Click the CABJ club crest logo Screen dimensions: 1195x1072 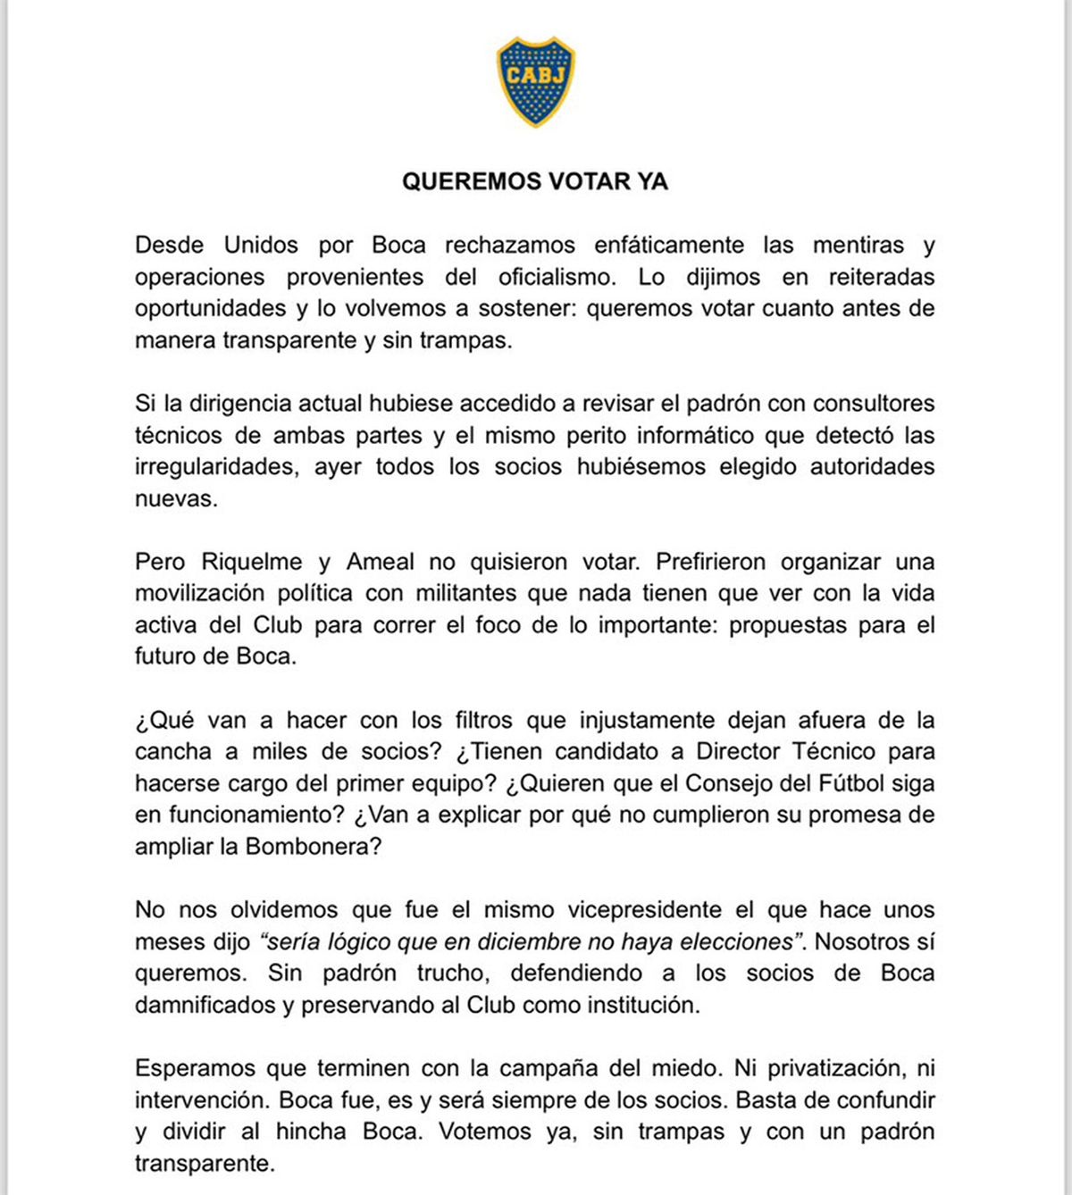[535, 81]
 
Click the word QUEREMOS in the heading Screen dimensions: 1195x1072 [461, 181]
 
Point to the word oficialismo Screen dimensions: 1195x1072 [557, 277]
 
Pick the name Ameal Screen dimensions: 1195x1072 [381, 562]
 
